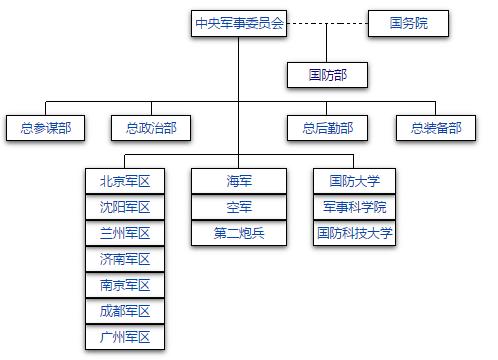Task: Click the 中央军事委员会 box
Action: pos(239,24)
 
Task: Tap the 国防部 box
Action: pos(327,74)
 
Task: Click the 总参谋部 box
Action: pos(45,128)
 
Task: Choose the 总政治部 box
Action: pos(151,128)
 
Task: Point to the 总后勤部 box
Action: pos(327,128)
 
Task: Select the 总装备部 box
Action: pos(436,128)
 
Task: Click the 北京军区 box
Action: pos(125,181)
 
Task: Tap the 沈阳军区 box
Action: pos(125,207)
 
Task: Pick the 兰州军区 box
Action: pos(125,233)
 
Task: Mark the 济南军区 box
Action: pos(125,259)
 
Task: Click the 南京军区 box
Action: pos(125,285)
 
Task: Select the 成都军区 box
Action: pos(125,311)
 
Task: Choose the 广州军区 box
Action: pos(125,337)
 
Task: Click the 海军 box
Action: pos(239,181)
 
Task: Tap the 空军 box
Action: pos(239,207)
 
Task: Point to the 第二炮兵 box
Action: pos(239,233)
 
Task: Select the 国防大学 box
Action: pos(354,181)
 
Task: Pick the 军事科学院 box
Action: pos(354,207)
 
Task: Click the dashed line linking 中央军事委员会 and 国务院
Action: pos(328,24)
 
